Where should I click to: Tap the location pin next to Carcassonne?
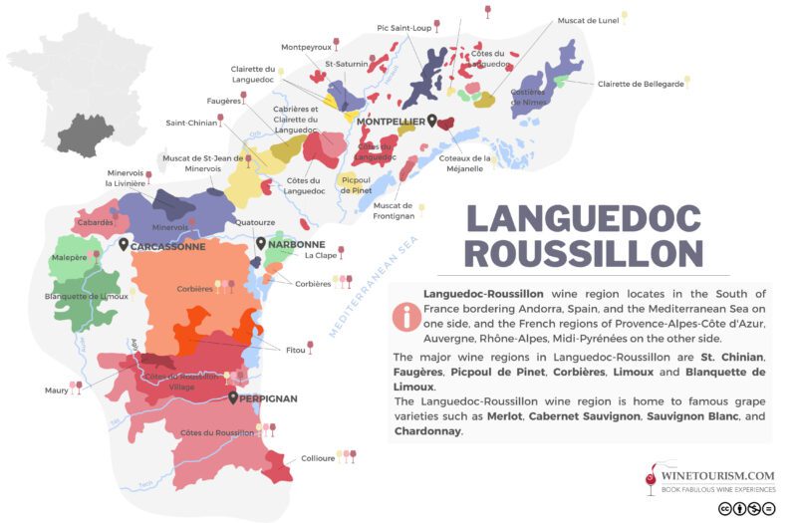pyautogui.click(x=123, y=245)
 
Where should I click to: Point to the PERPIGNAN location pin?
pyautogui.click(x=233, y=397)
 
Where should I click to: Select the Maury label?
pyautogui.click(x=57, y=390)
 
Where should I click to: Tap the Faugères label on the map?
pyautogui.click(x=224, y=101)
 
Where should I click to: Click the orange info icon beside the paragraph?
pyautogui.click(x=406, y=317)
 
